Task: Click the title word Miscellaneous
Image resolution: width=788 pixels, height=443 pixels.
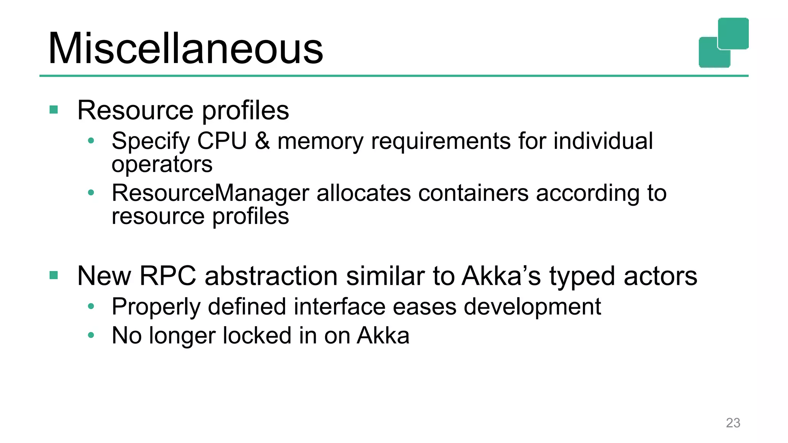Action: (x=185, y=49)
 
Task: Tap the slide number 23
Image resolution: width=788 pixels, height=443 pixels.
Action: (x=733, y=423)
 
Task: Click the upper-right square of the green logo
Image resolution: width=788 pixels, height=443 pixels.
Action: (x=733, y=33)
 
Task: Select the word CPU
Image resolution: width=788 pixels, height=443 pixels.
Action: (x=222, y=141)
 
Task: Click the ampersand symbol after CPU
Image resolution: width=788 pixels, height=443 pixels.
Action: (x=262, y=141)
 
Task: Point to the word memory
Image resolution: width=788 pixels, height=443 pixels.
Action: (x=320, y=142)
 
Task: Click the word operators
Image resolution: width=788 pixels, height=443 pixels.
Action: (x=162, y=165)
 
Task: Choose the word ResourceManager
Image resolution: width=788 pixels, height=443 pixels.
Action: (x=210, y=193)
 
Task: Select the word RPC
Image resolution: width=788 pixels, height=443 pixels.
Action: (x=167, y=276)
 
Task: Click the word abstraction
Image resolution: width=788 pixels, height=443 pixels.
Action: (x=271, y=276)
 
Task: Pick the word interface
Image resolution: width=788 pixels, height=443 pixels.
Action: (x=339, y=306)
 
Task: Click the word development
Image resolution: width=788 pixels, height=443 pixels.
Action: (x=532, y=307)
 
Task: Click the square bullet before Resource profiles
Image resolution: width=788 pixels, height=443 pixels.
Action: (x=54, y=110)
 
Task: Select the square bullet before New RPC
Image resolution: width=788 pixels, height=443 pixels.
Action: (x=54, y=275)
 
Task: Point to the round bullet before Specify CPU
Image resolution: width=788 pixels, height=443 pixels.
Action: (x=91, y=141)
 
